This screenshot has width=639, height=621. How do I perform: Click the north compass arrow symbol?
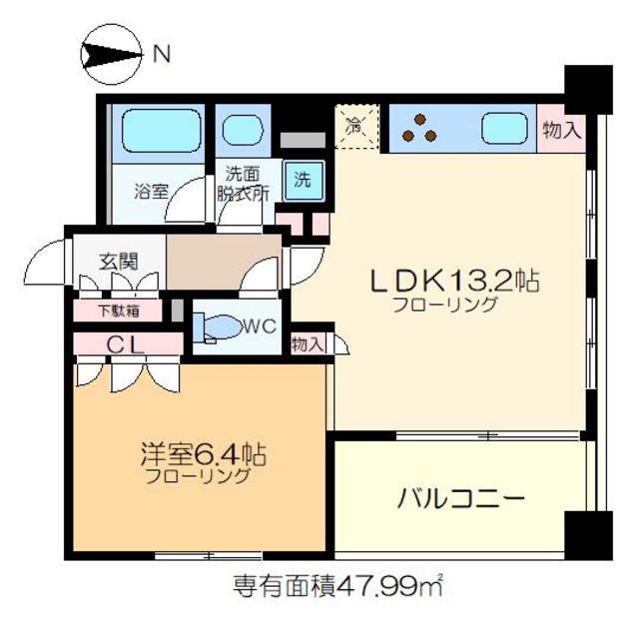[111, 55]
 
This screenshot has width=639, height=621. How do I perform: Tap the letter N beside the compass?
[161, 55]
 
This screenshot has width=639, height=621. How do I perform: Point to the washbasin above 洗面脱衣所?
[241, 132]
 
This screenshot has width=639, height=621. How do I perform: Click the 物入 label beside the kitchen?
[561, 130]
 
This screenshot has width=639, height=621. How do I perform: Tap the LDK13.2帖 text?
[455, 283]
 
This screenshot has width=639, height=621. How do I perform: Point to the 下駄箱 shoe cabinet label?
[119, 310]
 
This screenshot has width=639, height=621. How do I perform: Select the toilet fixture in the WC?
[220, 326]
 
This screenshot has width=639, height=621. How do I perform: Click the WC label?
[259, 325]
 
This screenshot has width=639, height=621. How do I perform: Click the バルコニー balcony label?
[459, 496]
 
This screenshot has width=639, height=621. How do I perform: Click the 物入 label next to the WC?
[308, 343]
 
